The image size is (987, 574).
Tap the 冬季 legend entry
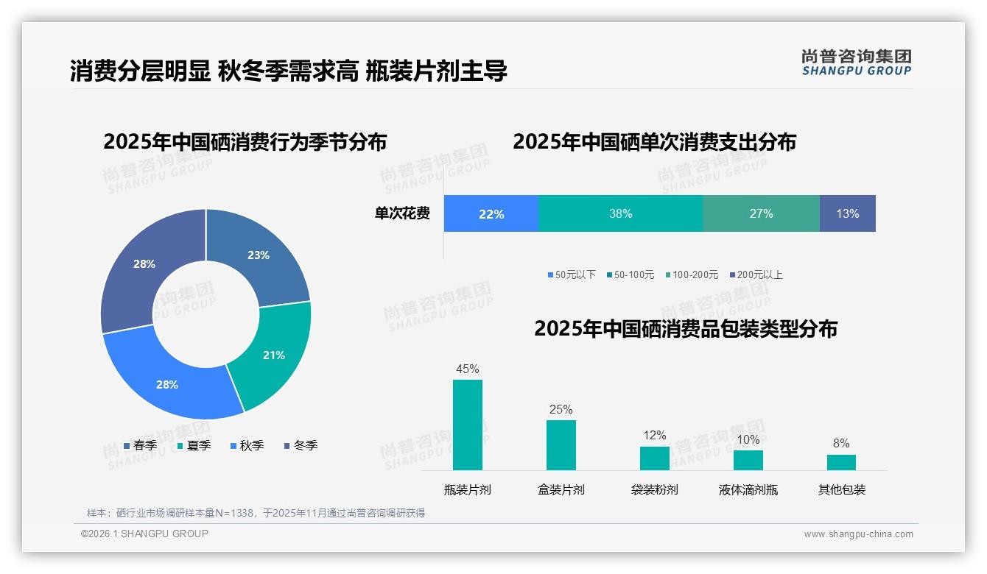point(300,445)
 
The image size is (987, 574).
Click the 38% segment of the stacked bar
point(620,213)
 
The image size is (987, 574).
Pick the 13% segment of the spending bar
point(847,213)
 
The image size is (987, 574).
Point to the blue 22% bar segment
point(491,213)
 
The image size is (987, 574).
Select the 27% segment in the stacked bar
point(761,213)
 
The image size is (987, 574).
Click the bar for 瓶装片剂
point(468,425)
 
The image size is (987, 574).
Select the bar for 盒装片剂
point(561,444)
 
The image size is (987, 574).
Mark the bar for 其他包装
point(841,462)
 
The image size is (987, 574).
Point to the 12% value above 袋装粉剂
point(654,436)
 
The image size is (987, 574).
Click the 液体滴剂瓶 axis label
point(748,489)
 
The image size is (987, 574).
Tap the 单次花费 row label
point(402,213)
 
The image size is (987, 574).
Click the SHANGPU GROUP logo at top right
point(856,62)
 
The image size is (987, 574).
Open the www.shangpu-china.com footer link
point(858,534)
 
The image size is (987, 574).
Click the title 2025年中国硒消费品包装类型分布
point(685,328)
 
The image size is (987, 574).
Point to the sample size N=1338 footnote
point(256,513)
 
